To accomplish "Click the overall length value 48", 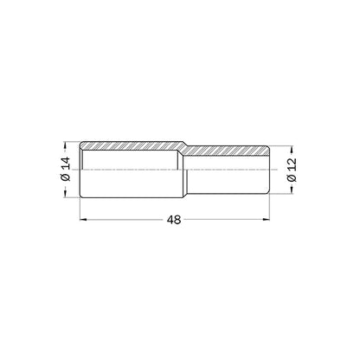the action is pyautogui.click(x=174, y=220).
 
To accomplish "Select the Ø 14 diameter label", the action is pyautogui.click(x=66, y=169).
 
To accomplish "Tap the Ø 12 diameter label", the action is pyautogui.click(x=292, y=170).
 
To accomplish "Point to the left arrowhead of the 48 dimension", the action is pyautogui.click(x=83, y=220).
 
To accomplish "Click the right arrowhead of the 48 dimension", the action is pyautogui.click(x=266, y=220).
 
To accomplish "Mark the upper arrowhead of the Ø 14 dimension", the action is pyautogui.click(x=66, y=145).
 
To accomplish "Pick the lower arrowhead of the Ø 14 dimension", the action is pyautogui.click(x=66, y=194).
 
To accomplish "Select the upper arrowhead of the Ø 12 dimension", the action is pyautogui.click(x=292, y=150).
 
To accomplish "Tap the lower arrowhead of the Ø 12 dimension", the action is pyautogui.click(x=292, y=190).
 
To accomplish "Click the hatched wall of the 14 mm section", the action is pyautogui.click(x=132, y=145).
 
